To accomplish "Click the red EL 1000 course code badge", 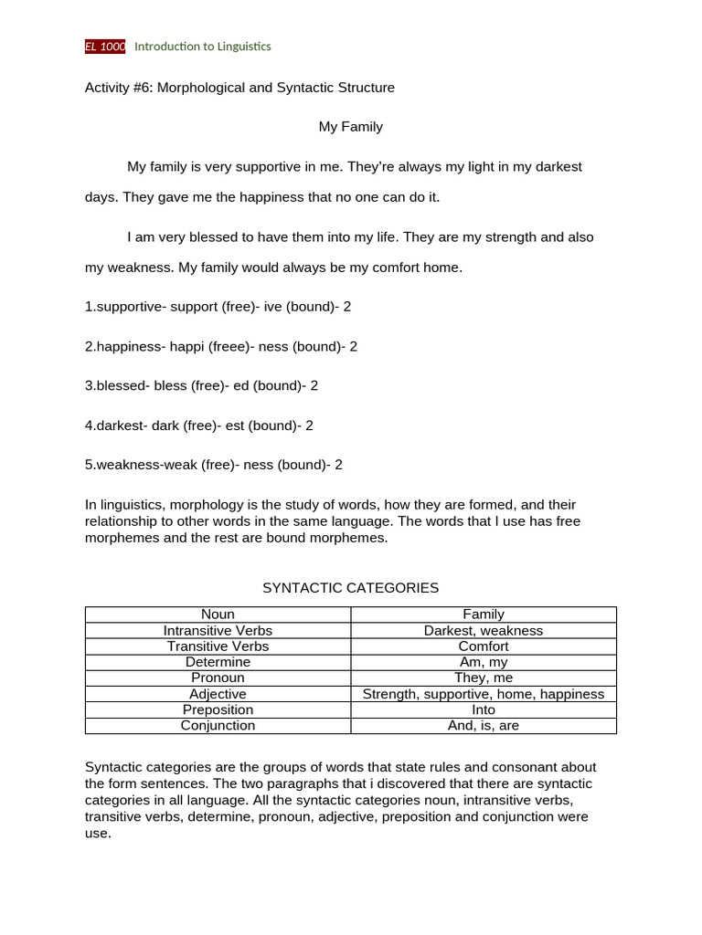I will click(x=105, y=47).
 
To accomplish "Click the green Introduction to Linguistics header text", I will click(x=202, y=47).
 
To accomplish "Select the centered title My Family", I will click(x=350, y=127).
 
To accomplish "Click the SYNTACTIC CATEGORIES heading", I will click(x=350, y=588).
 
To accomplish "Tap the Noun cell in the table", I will click(x=218, y=615).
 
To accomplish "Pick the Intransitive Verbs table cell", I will click(x=218, y=630).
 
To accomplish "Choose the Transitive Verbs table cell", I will click(x=218, y=646).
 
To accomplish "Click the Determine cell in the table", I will click(x=218, y=662).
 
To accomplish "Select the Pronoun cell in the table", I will click(x=218, y=678).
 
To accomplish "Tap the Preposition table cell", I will click(x=218, y=709).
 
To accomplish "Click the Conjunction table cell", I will click(x=218, y=725).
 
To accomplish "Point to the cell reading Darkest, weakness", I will click(x=484, y=630).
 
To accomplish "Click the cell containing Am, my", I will click(x=484, y=662).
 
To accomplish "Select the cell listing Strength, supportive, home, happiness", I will click(x=484, y=694).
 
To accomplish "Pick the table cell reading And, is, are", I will click(x=484, y=725).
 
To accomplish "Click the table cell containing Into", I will click(x=484, y=709).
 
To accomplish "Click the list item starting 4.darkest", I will click(x=200, y=425).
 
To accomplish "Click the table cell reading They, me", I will click(x=484, y=678).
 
